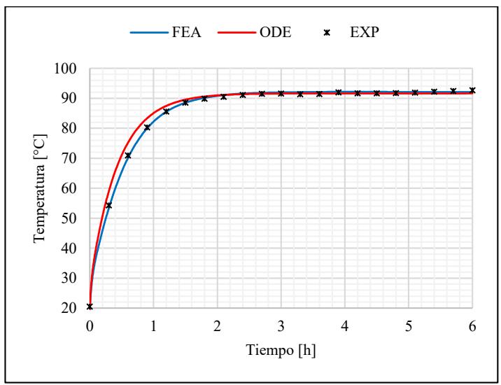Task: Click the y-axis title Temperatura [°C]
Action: [x=43, y=188]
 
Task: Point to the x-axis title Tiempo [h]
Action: [x=281, y=349]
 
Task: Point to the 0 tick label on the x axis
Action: [x=90, y=325]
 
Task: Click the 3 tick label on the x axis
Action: [x=281, y=325]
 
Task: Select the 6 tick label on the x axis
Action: [x=473, y=325]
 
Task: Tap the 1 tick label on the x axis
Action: [x=153, y=325]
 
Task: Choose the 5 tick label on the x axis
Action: [x=409, y=325]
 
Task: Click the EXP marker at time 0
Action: [x=90, y=307]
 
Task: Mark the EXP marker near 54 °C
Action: [x=108, y=206]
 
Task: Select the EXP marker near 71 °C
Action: [x=128, y=155]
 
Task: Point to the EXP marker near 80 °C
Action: [x=147, y=127]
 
